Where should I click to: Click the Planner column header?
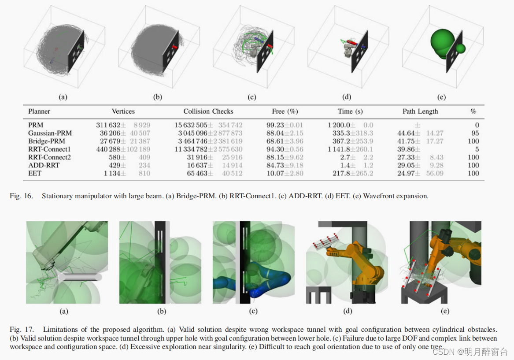[x=39, y=111]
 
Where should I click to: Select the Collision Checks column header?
[x=208, y=111]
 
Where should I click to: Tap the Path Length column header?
[x=420, y=111]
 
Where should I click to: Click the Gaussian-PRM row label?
[x=50, y=133]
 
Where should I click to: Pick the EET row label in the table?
[x=35, y=173]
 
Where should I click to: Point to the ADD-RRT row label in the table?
[x=44, y=165]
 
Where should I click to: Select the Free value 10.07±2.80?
[x=285, y=173]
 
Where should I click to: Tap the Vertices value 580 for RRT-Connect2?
[x=115, y=157]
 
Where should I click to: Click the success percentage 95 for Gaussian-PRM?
[x=475, y=133]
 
